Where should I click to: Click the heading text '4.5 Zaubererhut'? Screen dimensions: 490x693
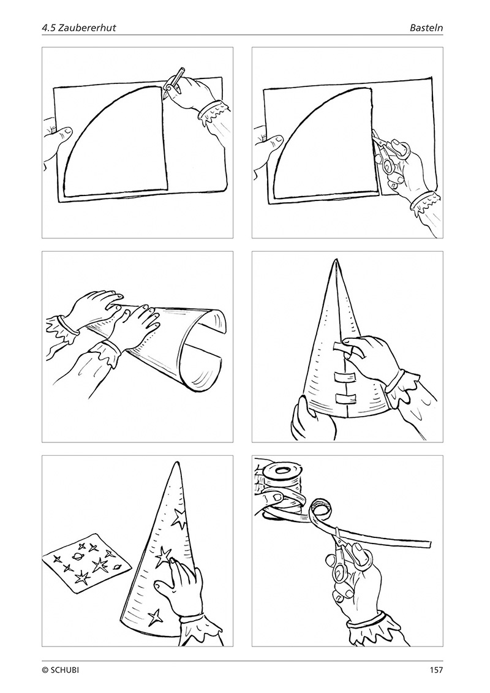78,28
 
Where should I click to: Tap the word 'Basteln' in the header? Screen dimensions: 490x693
426,28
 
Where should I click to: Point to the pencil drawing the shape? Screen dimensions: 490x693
173,82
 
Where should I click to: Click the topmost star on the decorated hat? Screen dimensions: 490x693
179,518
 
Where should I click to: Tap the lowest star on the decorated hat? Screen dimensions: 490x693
154,616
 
